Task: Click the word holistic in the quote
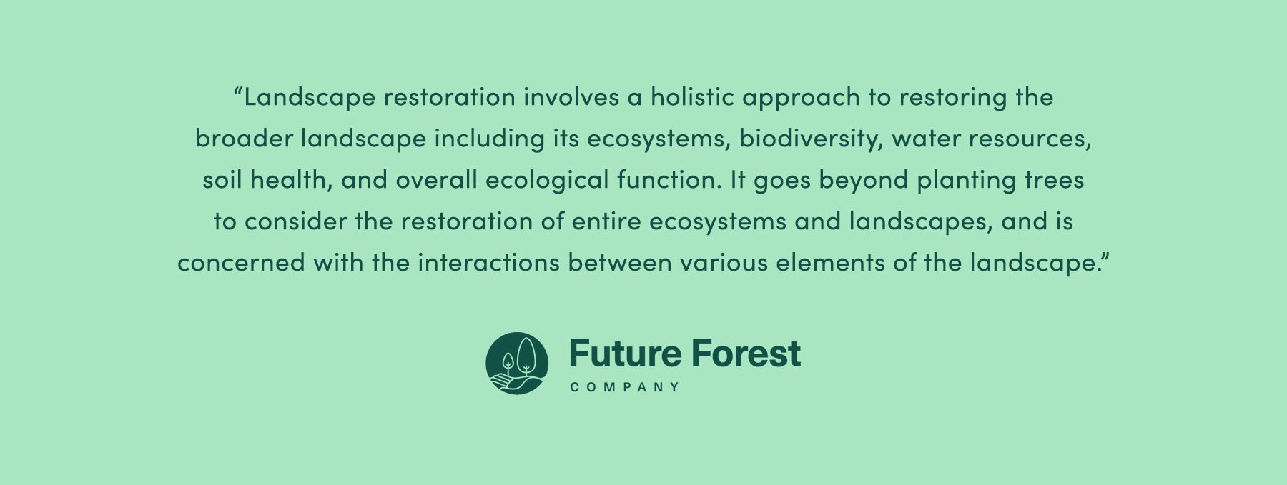pos(691,97)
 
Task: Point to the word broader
pos(244,139)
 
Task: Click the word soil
pos(222,180)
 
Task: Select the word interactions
pos(488,263)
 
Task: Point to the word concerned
pos(241,263)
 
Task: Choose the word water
pos(926,139)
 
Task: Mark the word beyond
pos(864,181)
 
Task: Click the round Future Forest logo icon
pos(517,364)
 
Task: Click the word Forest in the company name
pos(746,354)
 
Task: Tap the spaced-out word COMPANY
pos(625,387)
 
